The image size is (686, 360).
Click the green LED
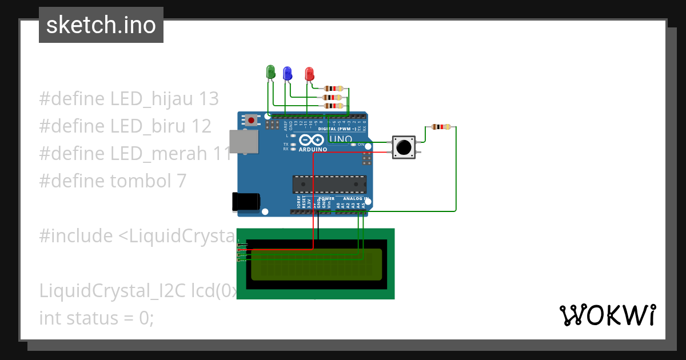click(271, 72)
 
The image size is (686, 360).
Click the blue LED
click(288, 73)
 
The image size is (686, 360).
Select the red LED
click(309, 74)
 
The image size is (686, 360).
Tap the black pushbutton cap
click(404, 147)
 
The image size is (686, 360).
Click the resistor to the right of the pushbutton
click(441, 127)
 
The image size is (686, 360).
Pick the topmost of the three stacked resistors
click(333, 89)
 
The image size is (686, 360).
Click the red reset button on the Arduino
click(251, 120)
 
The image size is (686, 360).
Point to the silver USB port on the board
click(242, 142)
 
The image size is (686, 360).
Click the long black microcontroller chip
click(329, 185)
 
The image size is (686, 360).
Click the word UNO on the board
click(341, 139)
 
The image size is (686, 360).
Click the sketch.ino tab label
click(101, 25)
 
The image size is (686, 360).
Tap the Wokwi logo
click(607, 315)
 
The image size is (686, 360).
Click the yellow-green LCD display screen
click(316, 264)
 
